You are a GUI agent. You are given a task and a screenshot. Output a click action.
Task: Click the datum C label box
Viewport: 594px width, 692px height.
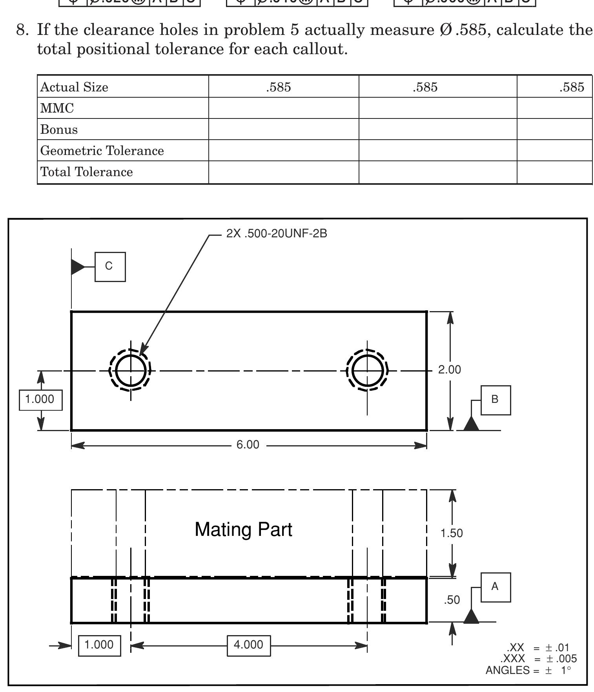[110, 267]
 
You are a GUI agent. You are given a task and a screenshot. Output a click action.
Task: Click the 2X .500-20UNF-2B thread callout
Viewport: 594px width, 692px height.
[277, 234]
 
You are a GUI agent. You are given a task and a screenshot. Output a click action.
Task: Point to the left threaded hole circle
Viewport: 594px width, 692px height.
[131, 370]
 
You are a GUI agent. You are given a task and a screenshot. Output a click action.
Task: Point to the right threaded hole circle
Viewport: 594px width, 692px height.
[367, 370]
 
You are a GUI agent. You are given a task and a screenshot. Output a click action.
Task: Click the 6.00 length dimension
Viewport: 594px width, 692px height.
[248, 445]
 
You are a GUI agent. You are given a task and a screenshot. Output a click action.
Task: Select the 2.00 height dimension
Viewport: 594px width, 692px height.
[449, 370]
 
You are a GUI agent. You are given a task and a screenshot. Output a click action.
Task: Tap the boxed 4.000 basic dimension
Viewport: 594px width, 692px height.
[248, 645]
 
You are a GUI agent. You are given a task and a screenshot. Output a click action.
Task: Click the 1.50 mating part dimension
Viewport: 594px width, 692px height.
[451, 533]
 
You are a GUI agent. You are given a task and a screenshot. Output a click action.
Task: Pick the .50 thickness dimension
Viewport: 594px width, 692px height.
[452, 600]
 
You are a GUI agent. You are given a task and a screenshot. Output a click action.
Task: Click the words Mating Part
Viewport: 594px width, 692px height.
[243, 530]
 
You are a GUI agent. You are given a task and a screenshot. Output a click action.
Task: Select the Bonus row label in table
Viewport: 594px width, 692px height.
[59, 129]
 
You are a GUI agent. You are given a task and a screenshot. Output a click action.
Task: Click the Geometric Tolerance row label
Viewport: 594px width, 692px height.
[102, 151]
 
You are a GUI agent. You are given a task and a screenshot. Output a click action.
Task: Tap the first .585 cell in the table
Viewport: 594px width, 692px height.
[279, 87]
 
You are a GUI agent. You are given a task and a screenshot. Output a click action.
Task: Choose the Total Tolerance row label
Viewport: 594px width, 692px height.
[87, 172]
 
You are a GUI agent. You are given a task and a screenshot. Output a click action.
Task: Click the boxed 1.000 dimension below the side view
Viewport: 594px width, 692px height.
[99, 645]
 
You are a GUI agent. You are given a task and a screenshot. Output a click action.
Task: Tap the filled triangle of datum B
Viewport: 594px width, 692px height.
[471, 424]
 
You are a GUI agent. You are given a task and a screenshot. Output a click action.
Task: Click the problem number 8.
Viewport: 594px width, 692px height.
[21, 30]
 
